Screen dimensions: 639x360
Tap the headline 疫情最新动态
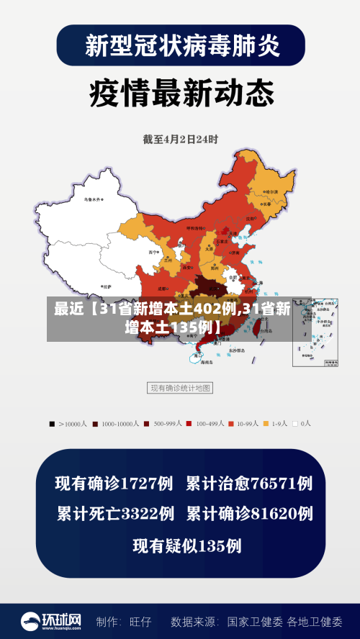[181, 93]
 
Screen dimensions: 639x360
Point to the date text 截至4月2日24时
[180, 138]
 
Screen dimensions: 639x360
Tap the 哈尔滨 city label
[271, 193]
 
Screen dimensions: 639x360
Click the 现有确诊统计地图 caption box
[180, 388]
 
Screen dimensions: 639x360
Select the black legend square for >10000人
[52, 424]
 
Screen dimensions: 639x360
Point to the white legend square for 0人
[295, 424]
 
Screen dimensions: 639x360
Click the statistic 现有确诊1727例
[114, 484]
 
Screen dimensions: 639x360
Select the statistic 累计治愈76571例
[249, 484]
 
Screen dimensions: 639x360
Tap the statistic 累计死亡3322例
[115, 514]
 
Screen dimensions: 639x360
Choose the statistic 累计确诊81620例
[249, 514]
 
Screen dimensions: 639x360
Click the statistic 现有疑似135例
[186, 545]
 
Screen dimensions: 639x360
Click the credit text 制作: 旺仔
[124, 621]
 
